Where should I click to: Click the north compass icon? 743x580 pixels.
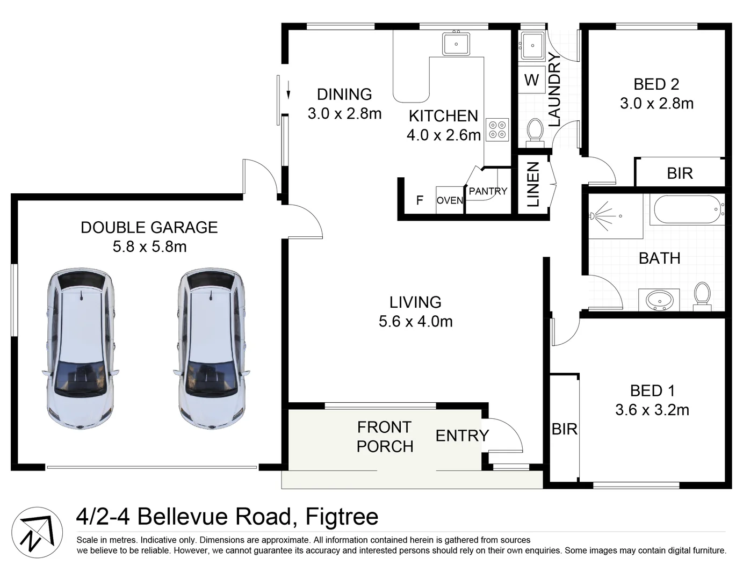pyautogui.click(x=37, y=533)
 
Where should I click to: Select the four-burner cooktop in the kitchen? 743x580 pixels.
pyautogui.click(x=497, y=129)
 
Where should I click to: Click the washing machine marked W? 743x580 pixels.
pyautogui.click(x=531, y=80)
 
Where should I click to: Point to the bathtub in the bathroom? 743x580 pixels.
pyautogui.click(x=687, y=210)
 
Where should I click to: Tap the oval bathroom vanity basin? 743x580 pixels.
pyautogui.click(x=659, y=300)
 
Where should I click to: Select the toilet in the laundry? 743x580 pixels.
pyautogui.click(x=535, y=133)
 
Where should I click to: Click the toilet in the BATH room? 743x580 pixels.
pyautogui.click(x=702, y=296)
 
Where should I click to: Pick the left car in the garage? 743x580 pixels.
pyautogui.click(x=81, y=348)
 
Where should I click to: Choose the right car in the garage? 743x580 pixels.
pyautogui.click(x=211, y=348)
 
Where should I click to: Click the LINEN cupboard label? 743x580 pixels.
pyautogui.click(x=533, y=184)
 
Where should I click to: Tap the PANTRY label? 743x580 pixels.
pyautogui.click(x=488, y=191)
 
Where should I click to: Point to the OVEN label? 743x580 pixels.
pyautogui.click(x=450, y=200)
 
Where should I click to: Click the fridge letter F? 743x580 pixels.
pyautogui.click(x=420, y=200)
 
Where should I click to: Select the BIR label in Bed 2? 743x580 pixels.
pyautogui.click(x=680, y=173)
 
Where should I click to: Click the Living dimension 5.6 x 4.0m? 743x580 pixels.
pyautogui.click(x=415, y=322)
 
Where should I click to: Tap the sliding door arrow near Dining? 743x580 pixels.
pyautogui.click(x=288, y=90)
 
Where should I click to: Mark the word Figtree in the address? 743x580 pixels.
pyautogui.click(x=342, y=517)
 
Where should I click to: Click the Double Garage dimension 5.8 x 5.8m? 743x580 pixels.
pyautogui.click(x=150, y=247)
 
